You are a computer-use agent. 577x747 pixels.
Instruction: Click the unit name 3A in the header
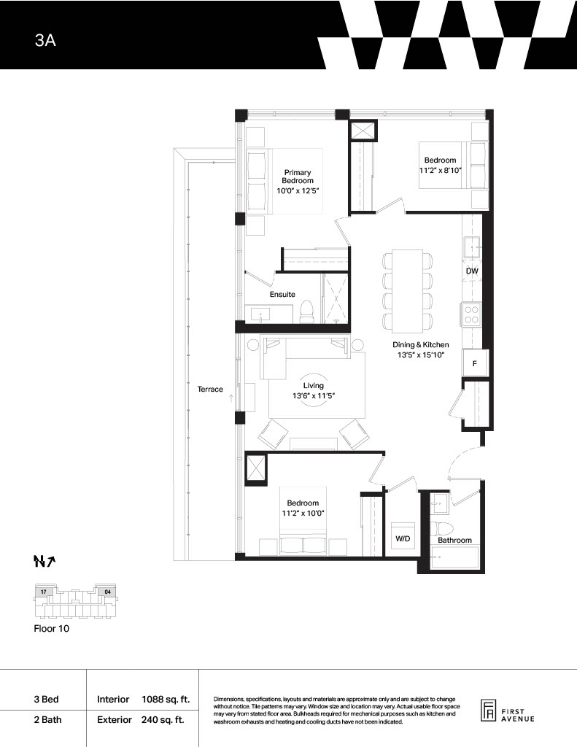(x=45, y=41)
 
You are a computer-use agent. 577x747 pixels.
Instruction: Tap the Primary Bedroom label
(x=298, y=177)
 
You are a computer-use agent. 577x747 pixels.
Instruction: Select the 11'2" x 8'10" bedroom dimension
(x=441, y=170)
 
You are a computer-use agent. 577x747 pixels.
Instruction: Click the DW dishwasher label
(x=472, y=271)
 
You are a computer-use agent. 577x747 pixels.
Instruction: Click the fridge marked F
(x=476, y=363)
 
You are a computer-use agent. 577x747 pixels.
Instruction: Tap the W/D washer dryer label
(x=403, y=539)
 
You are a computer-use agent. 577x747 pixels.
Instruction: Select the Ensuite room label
(x=282, y=295)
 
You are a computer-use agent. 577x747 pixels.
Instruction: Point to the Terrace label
(x=210, y=390)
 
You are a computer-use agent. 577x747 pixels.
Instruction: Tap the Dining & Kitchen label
(x=421, y=344)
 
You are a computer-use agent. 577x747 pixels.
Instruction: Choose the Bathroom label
(x=454, y=541)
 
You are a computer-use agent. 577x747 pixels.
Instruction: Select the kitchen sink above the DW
(x=472, y=246)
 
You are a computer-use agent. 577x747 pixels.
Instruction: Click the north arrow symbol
(x=44, y=562)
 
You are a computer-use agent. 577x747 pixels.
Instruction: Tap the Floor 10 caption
(x=52, y=628)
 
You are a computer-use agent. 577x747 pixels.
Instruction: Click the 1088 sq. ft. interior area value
(x=166, y=700)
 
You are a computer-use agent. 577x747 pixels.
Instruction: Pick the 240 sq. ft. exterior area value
(x=163, y=720)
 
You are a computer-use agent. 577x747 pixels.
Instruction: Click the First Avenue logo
(x=508, y=712)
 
